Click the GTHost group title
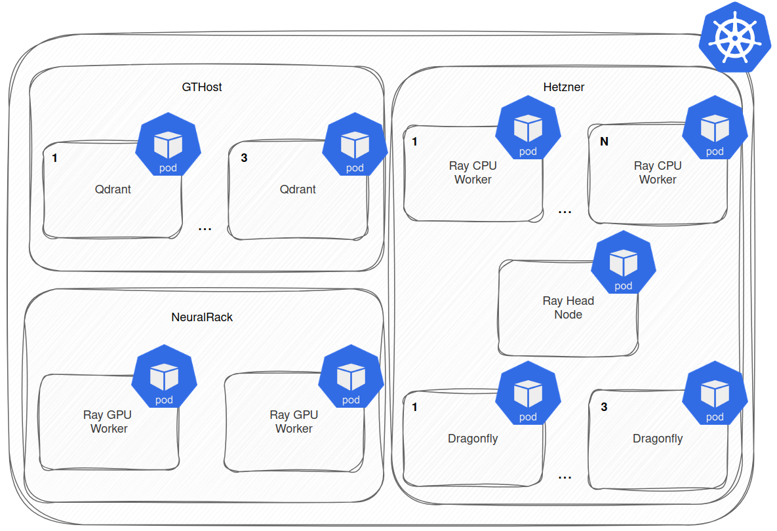click(202, 87)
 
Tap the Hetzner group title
click(563, 87)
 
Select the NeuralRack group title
click(202, 317)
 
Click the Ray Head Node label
click(568, 307)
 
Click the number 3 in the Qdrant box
click(244, 158)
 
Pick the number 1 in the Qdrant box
click(54, 158)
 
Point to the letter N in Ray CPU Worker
click(604, 142)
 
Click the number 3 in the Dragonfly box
click(604, 407)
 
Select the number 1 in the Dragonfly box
click(414, 407)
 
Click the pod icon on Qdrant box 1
click(168, 146)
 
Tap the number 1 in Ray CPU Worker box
click(414, 142)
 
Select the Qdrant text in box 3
click(298, 189)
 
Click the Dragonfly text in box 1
click(473, 439)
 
